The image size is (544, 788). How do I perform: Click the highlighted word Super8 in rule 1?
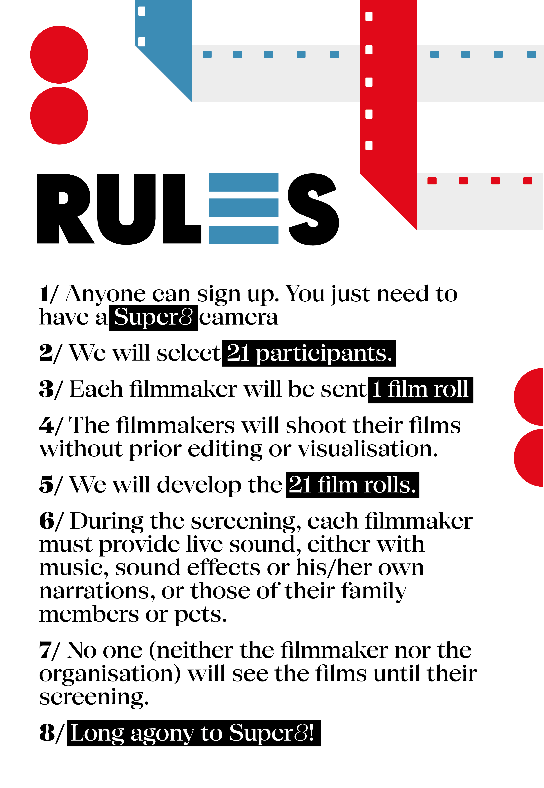tap(153, 318)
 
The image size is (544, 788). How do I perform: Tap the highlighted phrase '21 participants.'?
tap(309, 353)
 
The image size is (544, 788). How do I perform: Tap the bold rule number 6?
tap(47, 521)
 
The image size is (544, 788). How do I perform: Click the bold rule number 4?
tap(47, 426)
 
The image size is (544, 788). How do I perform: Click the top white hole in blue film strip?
tap(141, 11)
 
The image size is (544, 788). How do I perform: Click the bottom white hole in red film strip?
tap(369, 146)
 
